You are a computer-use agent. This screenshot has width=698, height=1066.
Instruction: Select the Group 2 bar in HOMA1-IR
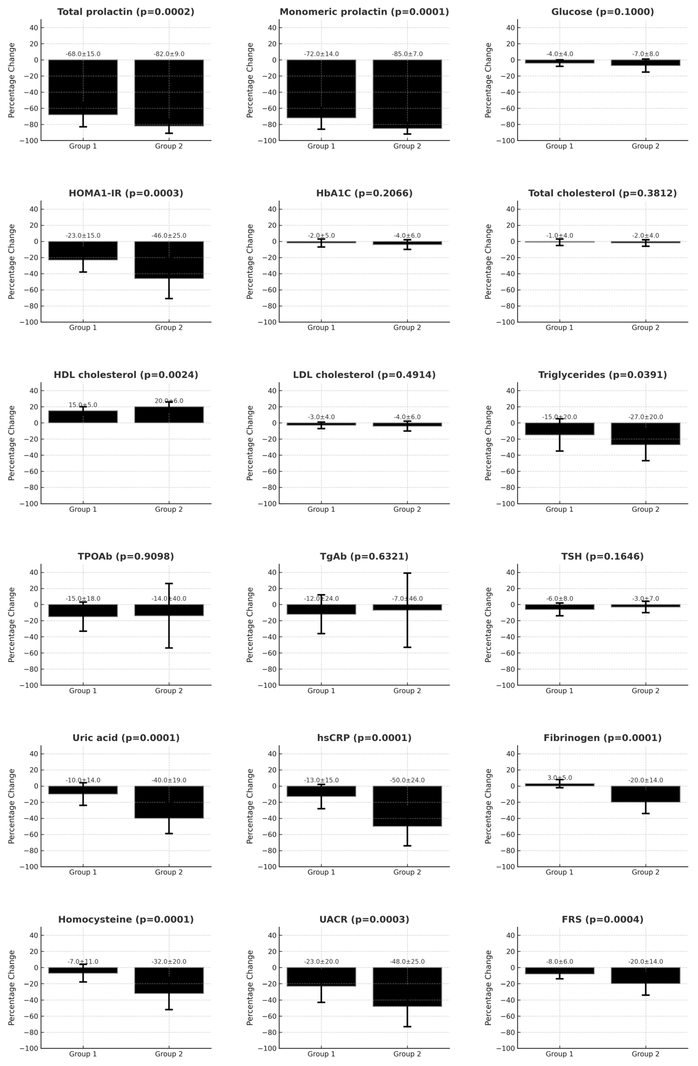(169, 260)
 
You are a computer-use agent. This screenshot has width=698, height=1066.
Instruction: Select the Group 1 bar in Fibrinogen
(560, 785)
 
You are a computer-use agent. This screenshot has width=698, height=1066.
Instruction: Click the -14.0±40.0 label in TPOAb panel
(169, 598)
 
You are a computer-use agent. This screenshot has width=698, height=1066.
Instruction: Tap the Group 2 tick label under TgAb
(407, 691)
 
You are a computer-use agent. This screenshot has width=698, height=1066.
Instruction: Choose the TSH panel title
(602, 556)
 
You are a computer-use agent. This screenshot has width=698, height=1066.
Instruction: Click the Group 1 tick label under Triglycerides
(560, 509)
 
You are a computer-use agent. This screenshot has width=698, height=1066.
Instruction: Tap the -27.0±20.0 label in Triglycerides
(646, 417)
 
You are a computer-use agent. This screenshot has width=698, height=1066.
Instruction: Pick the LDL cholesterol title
(364, 375)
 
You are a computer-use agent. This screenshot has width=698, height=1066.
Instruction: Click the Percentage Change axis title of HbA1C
(250, 262)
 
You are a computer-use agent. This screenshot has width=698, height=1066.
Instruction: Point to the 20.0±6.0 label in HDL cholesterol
(169, 401)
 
